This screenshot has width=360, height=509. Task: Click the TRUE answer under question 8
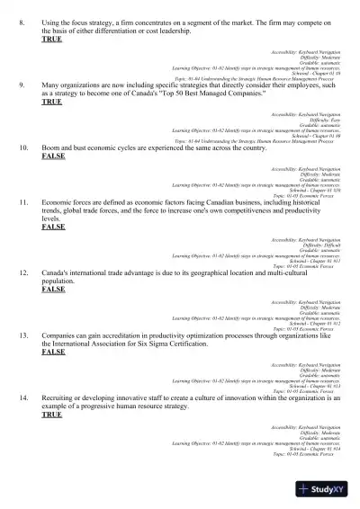[x=52, y=39]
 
